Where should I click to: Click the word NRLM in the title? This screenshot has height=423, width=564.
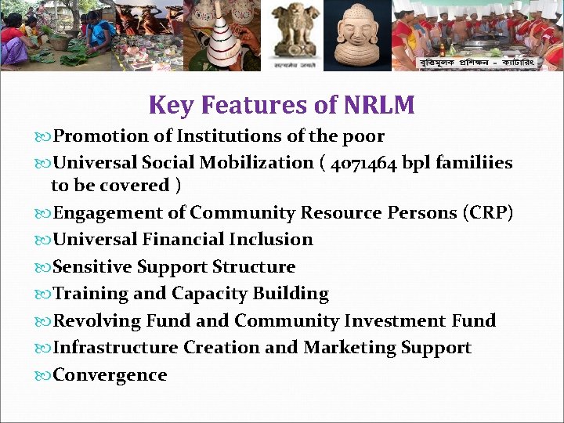378,104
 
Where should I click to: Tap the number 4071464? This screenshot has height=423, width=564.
364,163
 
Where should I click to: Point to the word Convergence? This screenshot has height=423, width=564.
110,375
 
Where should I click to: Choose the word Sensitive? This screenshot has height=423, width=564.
92,267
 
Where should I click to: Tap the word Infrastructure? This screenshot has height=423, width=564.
116,348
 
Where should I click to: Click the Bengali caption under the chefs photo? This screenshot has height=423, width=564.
475,62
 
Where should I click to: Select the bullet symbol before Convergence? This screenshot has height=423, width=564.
44,375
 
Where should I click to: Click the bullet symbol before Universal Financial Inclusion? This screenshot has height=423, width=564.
44,240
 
